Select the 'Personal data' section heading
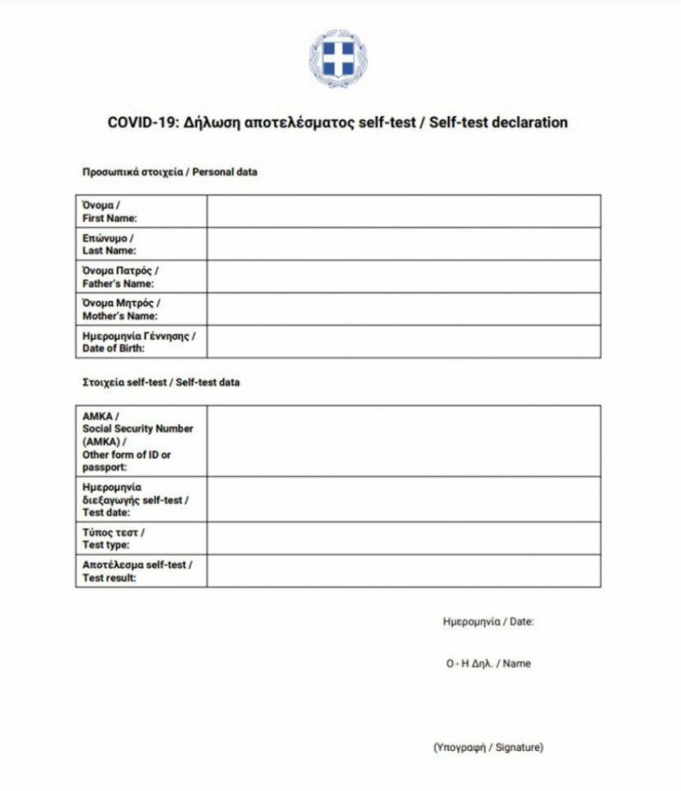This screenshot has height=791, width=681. [x=225, y=172]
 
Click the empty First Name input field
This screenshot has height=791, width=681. [x=403, y=211]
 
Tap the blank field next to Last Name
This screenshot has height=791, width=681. [x=403, y=244]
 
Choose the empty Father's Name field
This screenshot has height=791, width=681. [x=403, y=277]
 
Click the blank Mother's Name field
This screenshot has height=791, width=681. [x=403, y=309]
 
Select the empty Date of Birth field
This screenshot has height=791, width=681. [x=403, y=342]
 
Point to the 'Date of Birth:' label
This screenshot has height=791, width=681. [x=114, y=349]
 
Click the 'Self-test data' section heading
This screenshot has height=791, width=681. [x=208, y=383]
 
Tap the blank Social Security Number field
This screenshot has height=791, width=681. [x=403, y=441]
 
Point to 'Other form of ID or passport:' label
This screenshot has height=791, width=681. [x=127, y=461]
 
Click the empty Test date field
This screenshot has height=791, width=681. [x=403, y=499]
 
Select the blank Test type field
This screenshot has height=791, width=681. [x=403, y=538]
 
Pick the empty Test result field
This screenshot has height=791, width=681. [x=403, y=571]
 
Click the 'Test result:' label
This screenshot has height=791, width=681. [x=110, y=578]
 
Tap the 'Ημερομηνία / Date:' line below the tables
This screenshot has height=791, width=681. [x=488, y=621]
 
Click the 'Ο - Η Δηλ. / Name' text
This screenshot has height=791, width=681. [x=488, y=663]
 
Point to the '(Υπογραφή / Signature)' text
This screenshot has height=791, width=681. [x=488, y=747]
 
